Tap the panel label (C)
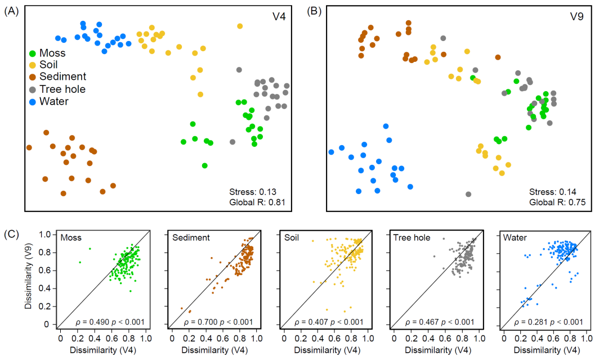click(12, 233)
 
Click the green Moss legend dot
click(33, 53)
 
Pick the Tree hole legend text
click(62, 89)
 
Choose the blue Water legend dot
click(33, 102)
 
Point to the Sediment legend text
click(62, 77)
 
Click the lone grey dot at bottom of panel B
click(468, 194)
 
